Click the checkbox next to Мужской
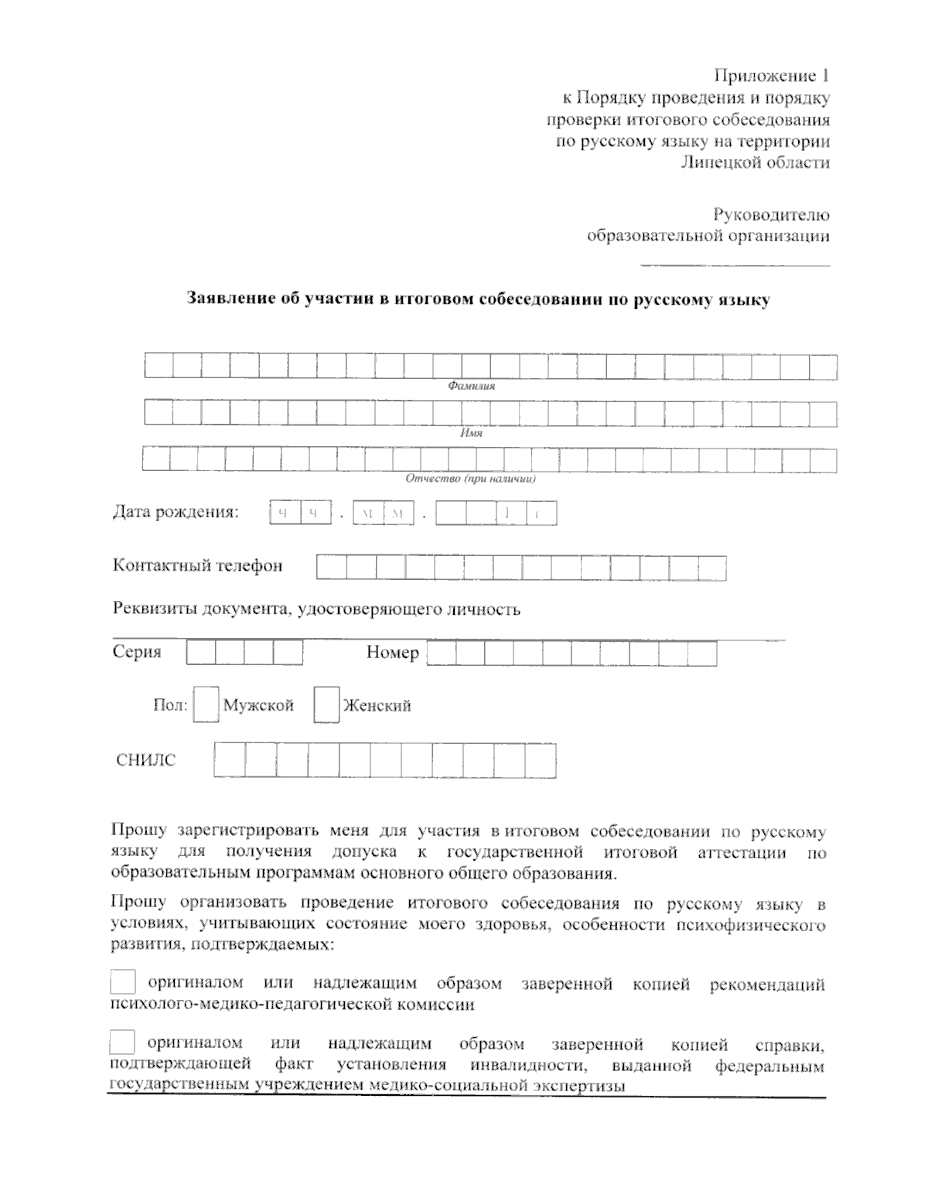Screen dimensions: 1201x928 point(206,705)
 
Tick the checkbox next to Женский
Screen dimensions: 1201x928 point(326,705)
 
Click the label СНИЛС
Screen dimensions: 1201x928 point(145,760)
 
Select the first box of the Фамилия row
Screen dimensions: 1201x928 point(159,367)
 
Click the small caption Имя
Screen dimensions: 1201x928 point(471,433)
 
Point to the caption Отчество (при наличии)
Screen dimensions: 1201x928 point(471,479)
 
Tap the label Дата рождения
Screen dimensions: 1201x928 point(176,512)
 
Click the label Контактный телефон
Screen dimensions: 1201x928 point(198,565)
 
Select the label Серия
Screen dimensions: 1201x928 point(137,652)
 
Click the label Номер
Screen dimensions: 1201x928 point(392,653)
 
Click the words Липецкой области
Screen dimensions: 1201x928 point(755,162)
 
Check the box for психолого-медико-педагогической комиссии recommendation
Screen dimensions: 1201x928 point(122,982)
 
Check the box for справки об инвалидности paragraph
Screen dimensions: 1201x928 point(122,1042)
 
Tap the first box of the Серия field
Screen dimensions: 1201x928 point(200,653)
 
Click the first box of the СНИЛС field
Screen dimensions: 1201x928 point(229,760)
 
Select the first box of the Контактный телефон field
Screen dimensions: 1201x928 point(331,568)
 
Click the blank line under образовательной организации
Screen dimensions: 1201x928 point(735,265)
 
